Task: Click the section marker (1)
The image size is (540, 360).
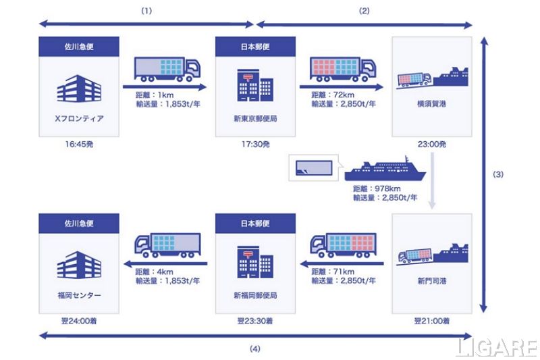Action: point(146,11)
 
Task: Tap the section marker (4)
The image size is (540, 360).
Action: point(254,349)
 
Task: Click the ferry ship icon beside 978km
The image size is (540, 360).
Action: point(385,170)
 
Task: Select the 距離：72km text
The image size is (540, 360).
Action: point(329,95)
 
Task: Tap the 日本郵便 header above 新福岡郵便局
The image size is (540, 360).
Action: point(255,222)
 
